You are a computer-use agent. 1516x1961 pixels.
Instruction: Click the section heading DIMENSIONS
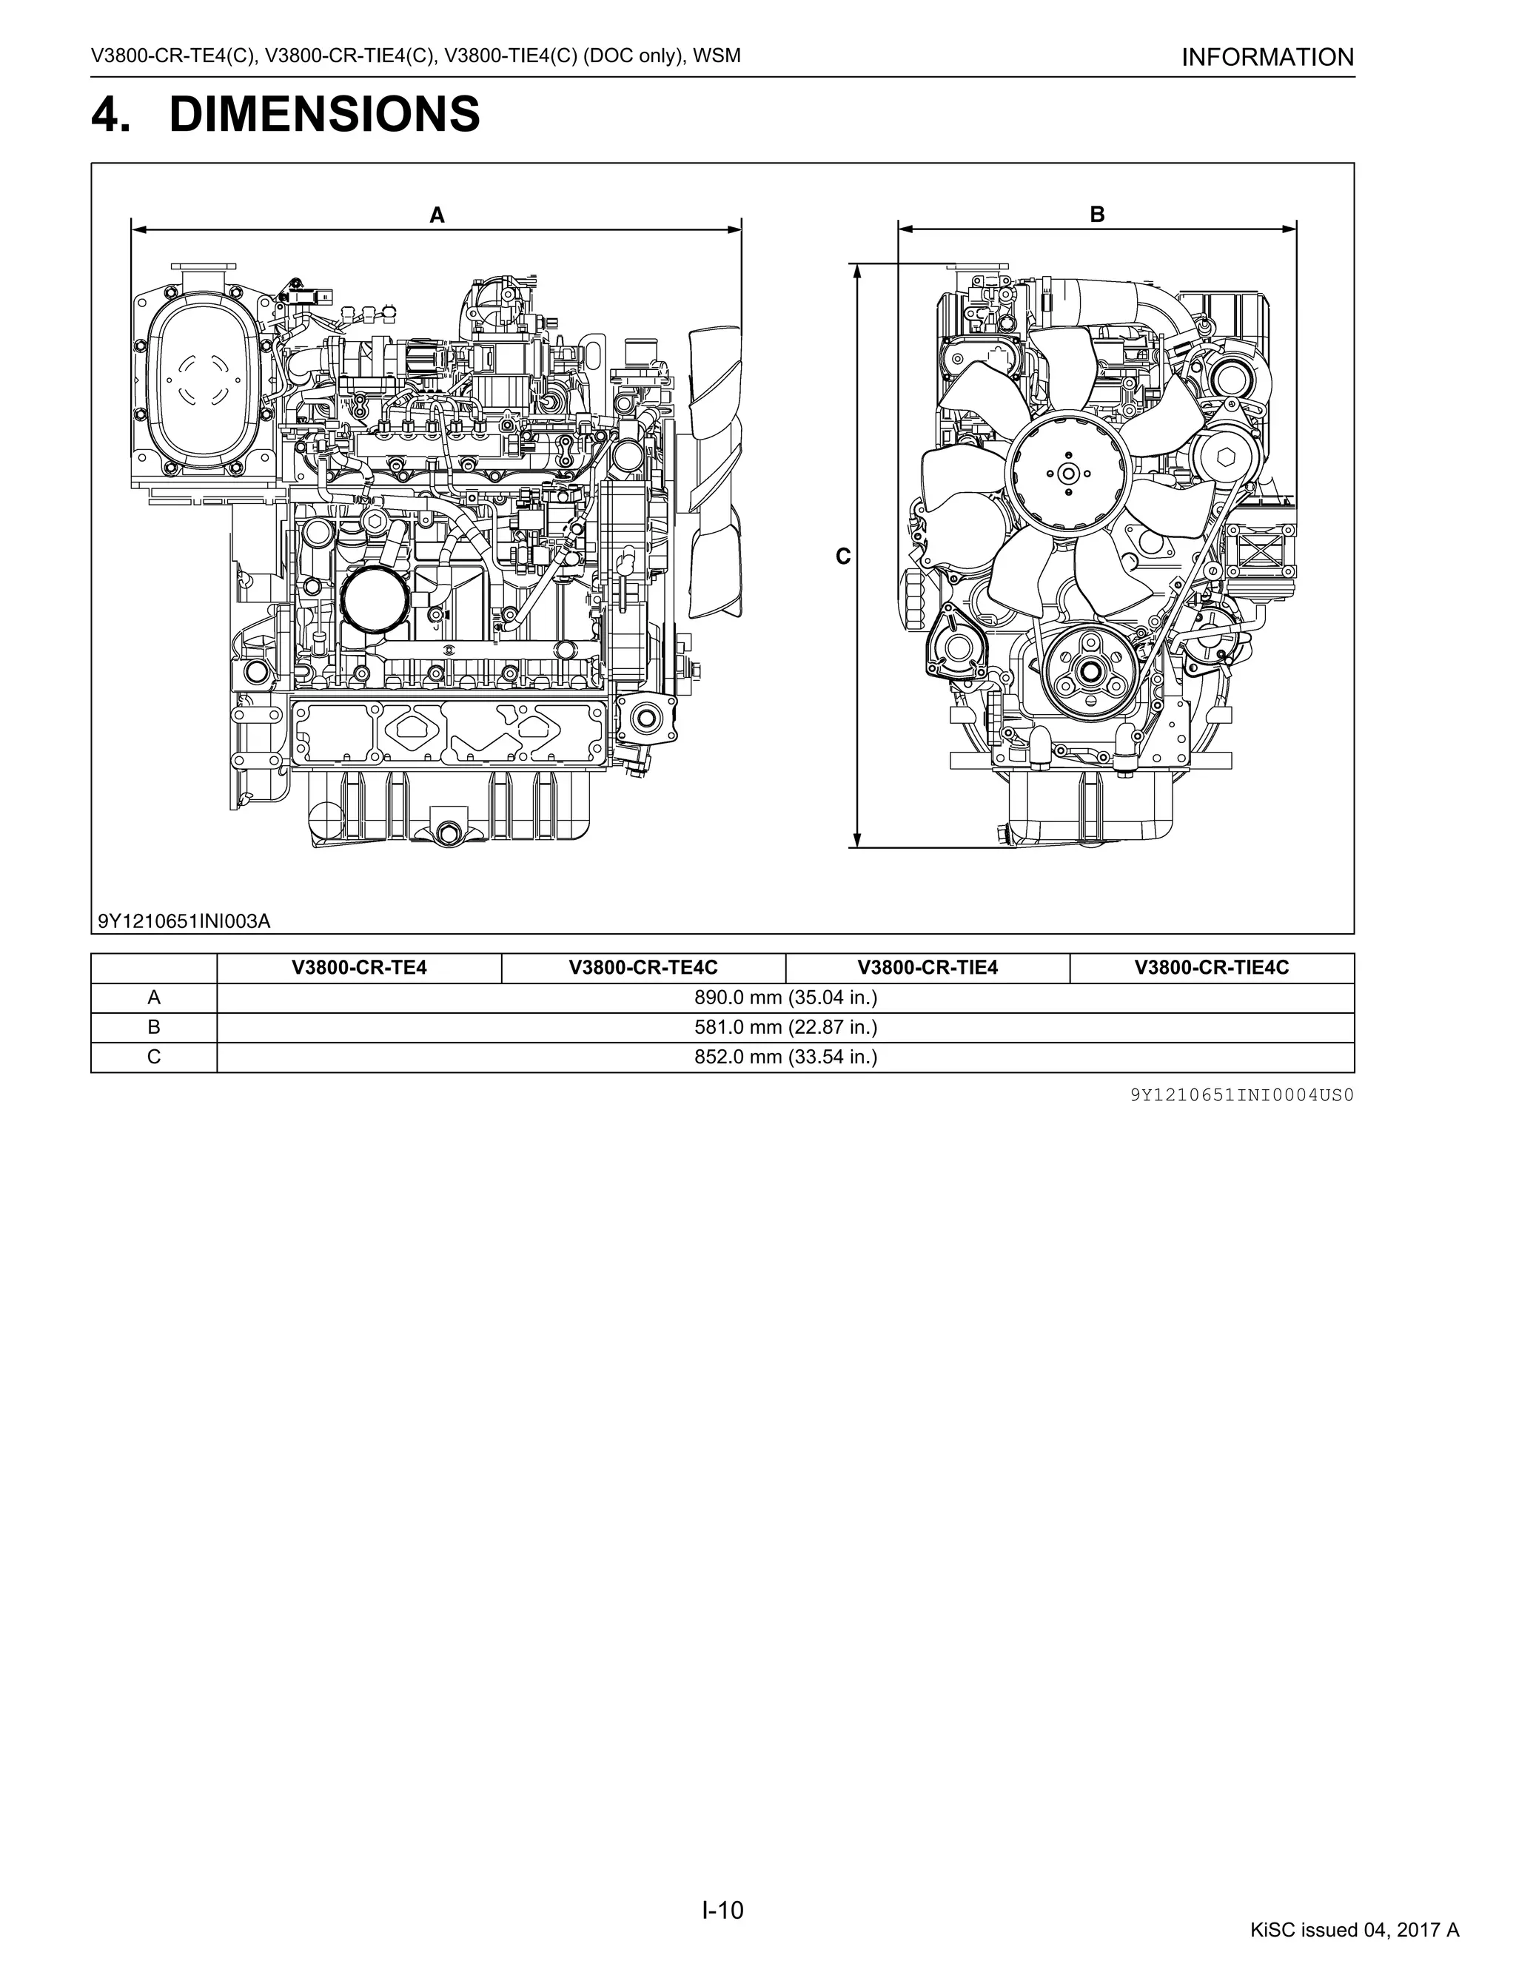(x=324, y=115)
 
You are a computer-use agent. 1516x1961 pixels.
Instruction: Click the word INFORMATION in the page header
(x=1267, y=58)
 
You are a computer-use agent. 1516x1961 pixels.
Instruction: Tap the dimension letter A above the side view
(x=437, y=215)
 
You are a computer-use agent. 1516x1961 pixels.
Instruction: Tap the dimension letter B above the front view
(x=1096, y=215)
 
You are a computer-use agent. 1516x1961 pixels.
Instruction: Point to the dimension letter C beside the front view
(x=842, y=556)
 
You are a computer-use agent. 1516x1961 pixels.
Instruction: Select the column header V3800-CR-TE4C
(x=643, y=968)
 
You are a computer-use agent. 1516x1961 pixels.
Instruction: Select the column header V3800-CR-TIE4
(x=927, y=968)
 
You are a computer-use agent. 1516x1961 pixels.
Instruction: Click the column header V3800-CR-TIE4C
(x=1212, y=968)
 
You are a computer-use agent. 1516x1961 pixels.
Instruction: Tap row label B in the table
(x=153, y=1027)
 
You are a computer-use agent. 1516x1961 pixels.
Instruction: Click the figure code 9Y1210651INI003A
(x=184, y=921)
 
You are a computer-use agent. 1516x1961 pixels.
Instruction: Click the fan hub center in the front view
(x=1067, y=473)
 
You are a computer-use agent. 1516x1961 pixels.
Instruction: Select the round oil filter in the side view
(x=375, y=599)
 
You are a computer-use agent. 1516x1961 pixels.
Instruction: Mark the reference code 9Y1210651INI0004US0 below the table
(x=1242, y=1095)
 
